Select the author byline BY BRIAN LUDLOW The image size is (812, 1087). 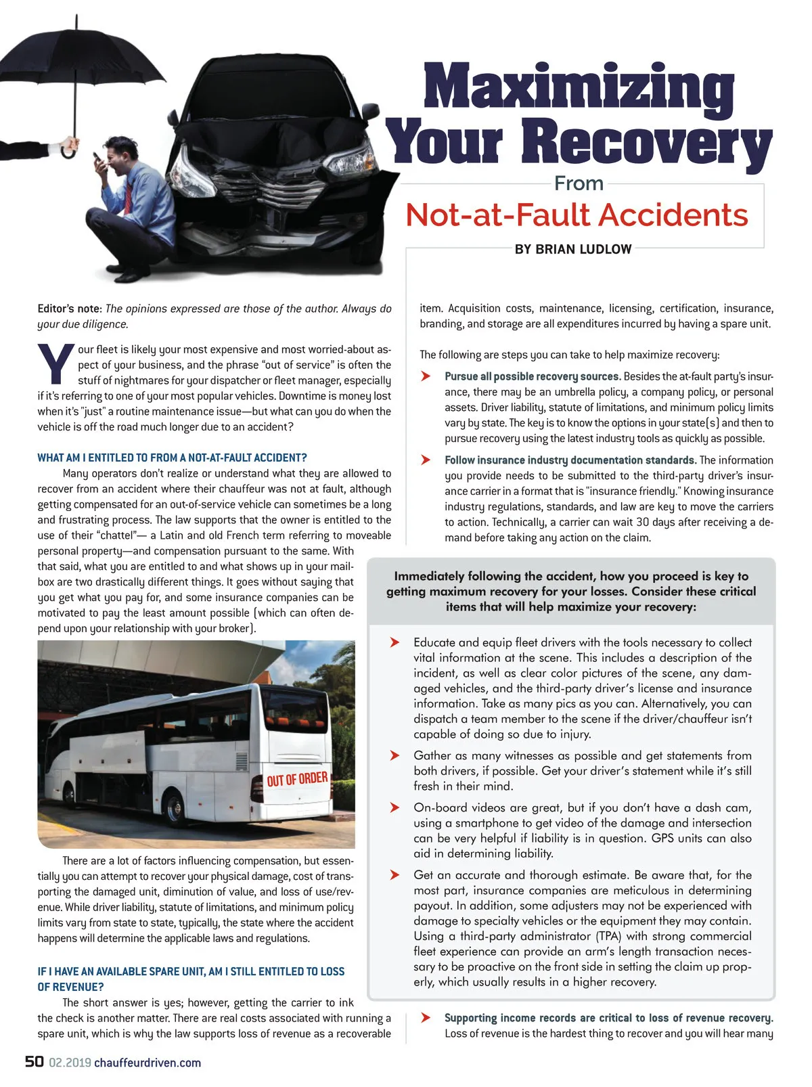pyautogui.click(x=573, y=249)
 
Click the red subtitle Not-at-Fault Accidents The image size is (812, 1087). pyautogui.click(x=577, y=215)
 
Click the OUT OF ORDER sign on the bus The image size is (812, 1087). pyautogui.click(x=297, y=779)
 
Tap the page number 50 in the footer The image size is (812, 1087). pyautogui.click(x=35, y=1061)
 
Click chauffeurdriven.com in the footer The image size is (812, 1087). pyautogui.click(x=148, y=1063)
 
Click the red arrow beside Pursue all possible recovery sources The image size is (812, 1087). pyautogui.click(x=426, y=376)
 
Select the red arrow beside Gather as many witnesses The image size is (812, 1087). pyautogui.click(x=394, y=755)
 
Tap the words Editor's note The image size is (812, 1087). pyautogui.click(x=70, y=309)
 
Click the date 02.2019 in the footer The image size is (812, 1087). pyautogui.click(x=70, y=1063)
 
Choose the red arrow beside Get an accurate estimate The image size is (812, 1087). pyautogui.click(x=394, y=875)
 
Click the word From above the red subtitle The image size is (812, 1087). pyautogui.click(x=579, y=183)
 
